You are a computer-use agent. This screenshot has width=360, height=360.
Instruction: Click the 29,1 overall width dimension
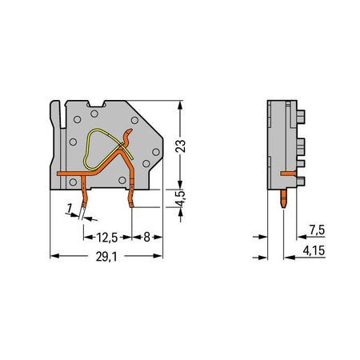click(106, 257)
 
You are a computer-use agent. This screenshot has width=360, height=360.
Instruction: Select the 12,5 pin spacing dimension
click(107, 238)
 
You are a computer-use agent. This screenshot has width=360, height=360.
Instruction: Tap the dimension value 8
click(147, 237)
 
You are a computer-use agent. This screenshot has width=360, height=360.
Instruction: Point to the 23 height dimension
click(181, 146)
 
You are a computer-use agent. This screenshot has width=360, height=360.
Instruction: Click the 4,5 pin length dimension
click(181, 198)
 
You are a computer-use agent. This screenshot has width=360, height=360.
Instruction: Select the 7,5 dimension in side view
click(317, 230)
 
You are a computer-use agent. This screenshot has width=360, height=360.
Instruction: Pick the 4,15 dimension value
click(314, 250)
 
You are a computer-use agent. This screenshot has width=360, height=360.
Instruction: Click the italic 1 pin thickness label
click(70, 208)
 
